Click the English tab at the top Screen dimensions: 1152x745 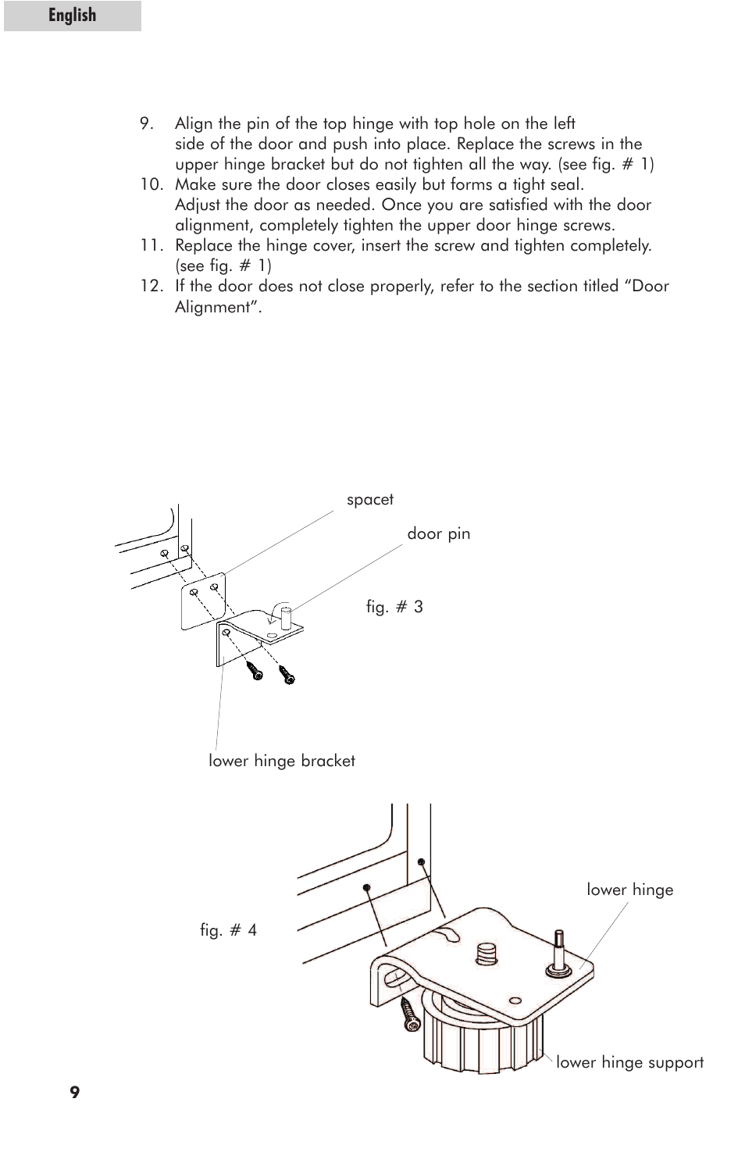(72, 16)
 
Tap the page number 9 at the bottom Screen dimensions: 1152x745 (74, 1093)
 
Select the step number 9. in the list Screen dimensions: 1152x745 (147, 123)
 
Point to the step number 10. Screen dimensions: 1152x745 (151, 184)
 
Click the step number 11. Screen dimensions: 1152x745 (151, 245)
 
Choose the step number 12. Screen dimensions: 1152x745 (151, 286)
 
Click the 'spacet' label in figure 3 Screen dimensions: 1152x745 (369, 500)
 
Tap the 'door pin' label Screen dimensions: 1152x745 (438, 534)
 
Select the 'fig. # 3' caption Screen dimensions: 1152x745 (394, 607)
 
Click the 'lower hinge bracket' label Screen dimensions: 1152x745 (281, 761)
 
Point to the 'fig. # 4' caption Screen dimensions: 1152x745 (228, 930)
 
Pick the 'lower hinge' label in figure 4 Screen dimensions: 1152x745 (629, 890)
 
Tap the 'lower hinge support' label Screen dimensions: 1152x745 (629, 1062)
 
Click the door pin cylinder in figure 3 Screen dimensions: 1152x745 (287, 615)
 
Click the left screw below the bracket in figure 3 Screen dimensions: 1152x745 (255, 670)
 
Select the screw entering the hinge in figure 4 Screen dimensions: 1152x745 (410, 1014)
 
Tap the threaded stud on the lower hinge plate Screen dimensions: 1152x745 (487, 954)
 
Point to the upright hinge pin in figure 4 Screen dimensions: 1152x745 (558, 950)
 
